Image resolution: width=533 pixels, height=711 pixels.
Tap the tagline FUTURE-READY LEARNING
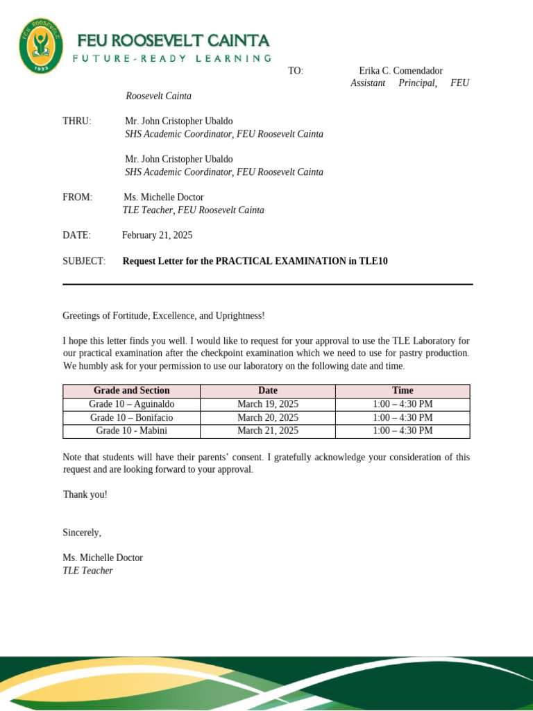click(x=172, y=58)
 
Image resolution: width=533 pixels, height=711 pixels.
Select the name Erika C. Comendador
click(x=400, y=71)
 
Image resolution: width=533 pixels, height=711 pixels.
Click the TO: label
click(x=296, y=71)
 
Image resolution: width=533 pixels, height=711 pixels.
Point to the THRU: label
click(x=77, y=121)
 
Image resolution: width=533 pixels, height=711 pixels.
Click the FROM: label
click(x=77, y=197)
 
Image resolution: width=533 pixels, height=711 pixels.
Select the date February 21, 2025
click(x=158, y=235)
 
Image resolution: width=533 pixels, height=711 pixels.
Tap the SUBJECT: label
click(x=84, y=261)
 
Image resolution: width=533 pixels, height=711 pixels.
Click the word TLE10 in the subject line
click(x=373, y=261)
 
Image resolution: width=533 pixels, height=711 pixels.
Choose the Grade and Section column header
click(x=131, y=390)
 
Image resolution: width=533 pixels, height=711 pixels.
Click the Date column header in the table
click(x=267, y=390)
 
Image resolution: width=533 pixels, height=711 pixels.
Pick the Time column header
click(x=403, y=390)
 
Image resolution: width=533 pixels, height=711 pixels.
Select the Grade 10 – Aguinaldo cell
click(x=131, y=404)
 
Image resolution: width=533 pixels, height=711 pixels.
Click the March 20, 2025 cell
click(x=267, y=417)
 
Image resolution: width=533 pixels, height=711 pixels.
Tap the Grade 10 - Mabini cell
click(x=131, y=430)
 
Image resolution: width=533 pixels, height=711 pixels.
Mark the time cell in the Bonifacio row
click(x=403, y=417)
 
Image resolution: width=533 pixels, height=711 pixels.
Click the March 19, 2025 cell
click(x=267, y=404)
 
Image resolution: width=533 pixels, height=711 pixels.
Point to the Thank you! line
click(x=85, y=494)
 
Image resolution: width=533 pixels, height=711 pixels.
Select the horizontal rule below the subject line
click(x=267, y=284)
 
